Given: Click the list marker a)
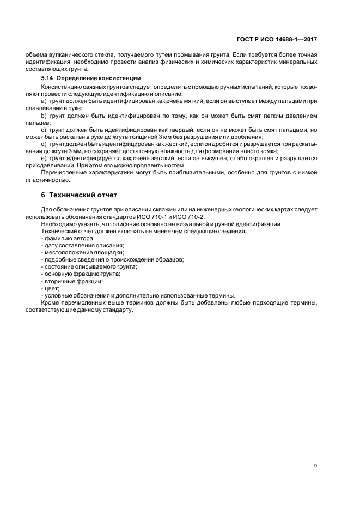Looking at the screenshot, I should pyautogui.click(x=44, y=102).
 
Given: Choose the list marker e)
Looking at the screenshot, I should pyautogui.click(x=44, y=158).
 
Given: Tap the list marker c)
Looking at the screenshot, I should pyautogui.click(x=44, y=130).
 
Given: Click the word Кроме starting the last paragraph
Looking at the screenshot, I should pyautogui.click(x=51, y=302).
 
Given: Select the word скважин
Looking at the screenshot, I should pyautogui.click(x=168, y=210).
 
